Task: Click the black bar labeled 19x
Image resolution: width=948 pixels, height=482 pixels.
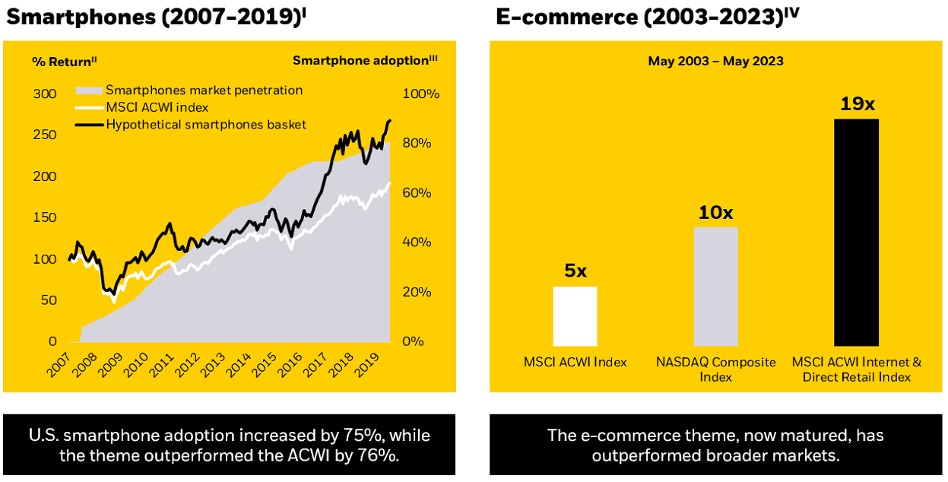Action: click(856, 232)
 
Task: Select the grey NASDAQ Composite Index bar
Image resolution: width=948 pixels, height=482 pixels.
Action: click(715, 287)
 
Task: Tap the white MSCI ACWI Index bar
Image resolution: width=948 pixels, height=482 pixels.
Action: click(575, 316)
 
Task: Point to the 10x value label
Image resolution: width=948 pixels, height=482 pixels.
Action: click(715, 212)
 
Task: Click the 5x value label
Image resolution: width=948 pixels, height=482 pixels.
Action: click(575, 271)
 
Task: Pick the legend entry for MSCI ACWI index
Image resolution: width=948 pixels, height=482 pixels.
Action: click(157, 107)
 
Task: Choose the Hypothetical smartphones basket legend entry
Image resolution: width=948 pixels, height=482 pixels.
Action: click(205, 124)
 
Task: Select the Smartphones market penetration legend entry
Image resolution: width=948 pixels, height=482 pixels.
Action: click(204, 90)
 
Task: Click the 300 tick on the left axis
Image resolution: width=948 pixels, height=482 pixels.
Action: click(46, 94)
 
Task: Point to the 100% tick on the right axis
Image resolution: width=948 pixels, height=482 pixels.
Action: click(420, 94)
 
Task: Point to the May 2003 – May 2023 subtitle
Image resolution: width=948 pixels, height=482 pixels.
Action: click(715, 61)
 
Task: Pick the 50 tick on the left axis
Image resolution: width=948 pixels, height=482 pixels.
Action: click(49, 300)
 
